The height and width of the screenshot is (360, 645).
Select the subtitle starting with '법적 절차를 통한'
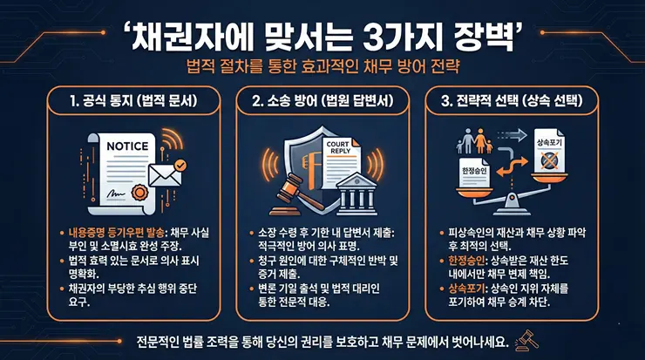pyautogui.click(x=322, y=67)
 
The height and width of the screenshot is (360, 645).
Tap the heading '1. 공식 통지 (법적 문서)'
pyautogui.click(x=130, y=101)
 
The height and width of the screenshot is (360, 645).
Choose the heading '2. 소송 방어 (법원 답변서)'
pyautogui.click(x=322, y=101)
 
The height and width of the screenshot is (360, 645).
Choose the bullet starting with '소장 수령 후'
pyautogui.click(x=327, y=232)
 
